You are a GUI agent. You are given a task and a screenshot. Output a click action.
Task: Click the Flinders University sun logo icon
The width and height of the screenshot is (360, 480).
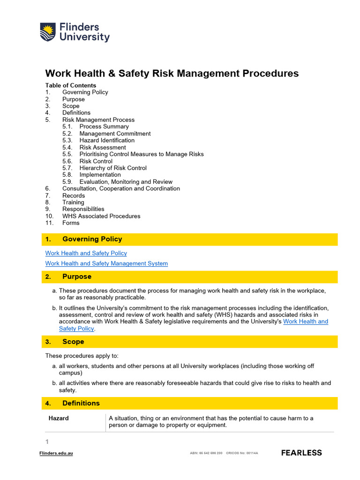tap(48, 32)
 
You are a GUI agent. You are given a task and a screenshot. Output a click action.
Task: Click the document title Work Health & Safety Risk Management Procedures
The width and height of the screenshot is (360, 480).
tap(172, 74)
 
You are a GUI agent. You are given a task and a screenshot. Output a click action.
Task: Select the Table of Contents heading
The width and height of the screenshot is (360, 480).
tap(70, 85)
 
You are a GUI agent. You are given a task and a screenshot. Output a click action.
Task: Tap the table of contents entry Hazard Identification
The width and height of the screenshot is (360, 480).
tap(106, 140)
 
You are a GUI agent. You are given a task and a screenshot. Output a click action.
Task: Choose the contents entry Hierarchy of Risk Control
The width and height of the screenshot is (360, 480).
tap(112, 168)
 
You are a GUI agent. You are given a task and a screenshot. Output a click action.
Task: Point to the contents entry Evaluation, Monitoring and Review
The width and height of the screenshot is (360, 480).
tap(126, 182)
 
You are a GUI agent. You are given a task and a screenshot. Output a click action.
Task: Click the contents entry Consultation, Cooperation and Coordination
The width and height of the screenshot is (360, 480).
tap(121, 188)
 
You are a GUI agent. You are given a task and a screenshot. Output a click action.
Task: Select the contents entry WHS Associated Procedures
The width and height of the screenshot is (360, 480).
tap(101, 216)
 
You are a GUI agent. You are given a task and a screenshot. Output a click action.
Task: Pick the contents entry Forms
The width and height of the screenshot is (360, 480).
tap(71, 223)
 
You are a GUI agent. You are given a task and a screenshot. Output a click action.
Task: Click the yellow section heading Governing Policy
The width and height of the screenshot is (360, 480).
tap(92, 239)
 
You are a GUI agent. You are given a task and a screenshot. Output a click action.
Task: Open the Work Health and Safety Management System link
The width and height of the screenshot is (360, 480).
tap(106, 263)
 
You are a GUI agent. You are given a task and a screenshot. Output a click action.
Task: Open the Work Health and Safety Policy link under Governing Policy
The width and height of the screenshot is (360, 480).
tap(86, 253)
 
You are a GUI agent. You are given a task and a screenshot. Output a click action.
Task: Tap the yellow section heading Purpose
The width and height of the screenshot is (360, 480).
tap(77, 277)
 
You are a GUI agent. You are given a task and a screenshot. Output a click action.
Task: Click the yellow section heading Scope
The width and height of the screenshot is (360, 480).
tap(73, 342)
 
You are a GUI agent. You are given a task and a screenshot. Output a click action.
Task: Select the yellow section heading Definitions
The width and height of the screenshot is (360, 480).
tap(81, 403)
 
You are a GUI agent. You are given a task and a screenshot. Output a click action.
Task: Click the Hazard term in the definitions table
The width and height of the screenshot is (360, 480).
tap(59, 418)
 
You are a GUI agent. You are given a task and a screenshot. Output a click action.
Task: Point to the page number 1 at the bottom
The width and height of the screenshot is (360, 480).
tap(47, 442)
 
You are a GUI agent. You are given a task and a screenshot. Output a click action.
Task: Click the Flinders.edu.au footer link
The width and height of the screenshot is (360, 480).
tap(56, 453)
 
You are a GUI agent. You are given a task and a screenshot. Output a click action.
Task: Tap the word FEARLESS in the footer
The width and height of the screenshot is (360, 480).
tap(301, 453)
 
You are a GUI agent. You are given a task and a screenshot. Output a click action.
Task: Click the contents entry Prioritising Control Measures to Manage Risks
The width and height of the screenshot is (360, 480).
tap(141, 154)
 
